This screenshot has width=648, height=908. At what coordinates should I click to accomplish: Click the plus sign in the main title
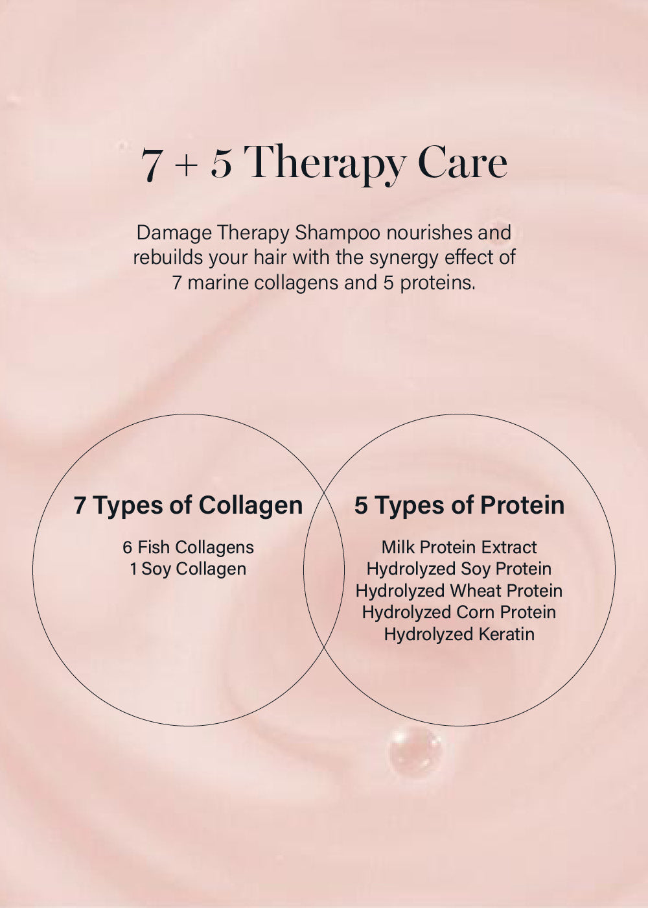click(x=187, y=166)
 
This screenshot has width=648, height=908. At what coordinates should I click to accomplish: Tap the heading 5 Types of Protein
click(x=459, y=506)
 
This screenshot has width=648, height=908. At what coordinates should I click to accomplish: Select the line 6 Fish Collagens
click(x=189, y=547)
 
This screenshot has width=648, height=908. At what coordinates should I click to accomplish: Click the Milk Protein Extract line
click(x=459, y=547)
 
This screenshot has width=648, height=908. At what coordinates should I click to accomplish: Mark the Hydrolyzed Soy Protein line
click(x=459, y=569)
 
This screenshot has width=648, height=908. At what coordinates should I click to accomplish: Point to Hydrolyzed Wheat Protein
click(x=459, y=591)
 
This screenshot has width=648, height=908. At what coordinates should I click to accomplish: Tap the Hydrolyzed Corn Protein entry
click(x=459, y=612)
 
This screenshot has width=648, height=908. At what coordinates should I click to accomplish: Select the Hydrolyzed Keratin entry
click(x=459, y=634)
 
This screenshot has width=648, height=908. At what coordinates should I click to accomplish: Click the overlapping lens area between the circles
click(x=324, y=570)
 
